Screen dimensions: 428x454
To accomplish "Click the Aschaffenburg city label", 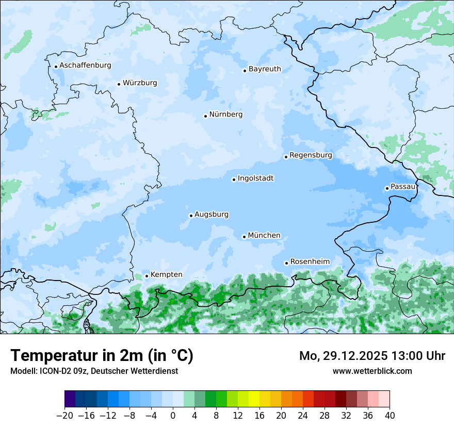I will click(85, 65).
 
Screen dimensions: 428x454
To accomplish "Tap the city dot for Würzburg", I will click(119, 84).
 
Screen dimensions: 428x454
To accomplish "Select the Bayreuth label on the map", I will click(265, 69).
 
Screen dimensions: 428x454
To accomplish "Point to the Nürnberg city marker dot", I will click(205, 116).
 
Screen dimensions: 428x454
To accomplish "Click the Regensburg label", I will click(311, 155).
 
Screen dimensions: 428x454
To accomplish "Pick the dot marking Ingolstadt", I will click(234, 180).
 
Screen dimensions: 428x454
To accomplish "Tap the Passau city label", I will click(403, 187).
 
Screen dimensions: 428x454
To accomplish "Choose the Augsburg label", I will click(212, 215).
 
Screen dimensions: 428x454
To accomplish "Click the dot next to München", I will click(244, 237).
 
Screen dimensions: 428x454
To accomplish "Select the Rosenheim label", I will click(310, 262).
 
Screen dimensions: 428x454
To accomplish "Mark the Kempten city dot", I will click(147, 276).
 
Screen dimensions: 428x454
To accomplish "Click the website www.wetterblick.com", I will click(372, 371).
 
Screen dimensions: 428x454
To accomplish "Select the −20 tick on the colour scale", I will click(64, 416).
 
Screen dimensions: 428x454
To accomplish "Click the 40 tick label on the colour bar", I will click(390, 416).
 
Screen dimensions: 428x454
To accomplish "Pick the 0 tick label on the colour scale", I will click(173, 416).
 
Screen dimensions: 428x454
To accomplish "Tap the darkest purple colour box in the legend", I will click(70, 399).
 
